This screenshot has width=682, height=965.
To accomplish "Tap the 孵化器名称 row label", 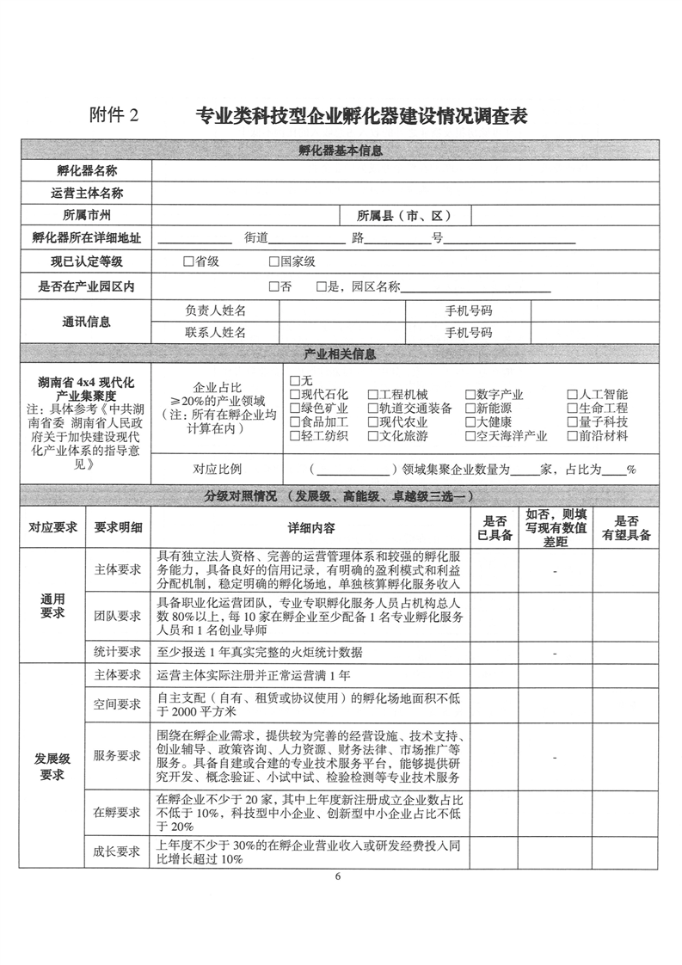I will (x=86, y=172).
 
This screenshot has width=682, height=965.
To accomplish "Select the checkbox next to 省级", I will (x=188, y=261).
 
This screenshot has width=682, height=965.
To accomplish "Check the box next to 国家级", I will (x=274, y=261).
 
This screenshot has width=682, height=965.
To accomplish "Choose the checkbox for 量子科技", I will (x=573, y=422).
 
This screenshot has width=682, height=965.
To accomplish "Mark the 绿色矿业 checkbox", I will (x=295, y=409).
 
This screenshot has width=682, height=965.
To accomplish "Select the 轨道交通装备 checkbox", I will (x=372, y=409).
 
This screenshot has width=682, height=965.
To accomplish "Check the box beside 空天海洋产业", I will (x=470, y=436).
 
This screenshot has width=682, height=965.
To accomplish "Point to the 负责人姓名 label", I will (x=215, y=310).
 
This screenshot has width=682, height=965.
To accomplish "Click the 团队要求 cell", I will (x=118, y=616).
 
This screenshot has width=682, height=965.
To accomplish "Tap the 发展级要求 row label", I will (x=52, y=767).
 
